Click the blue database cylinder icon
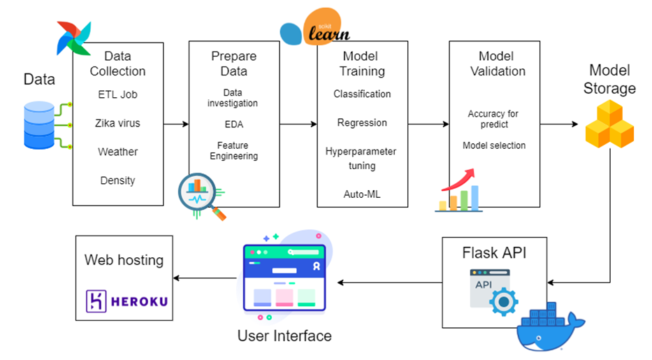[38, 125]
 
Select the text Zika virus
[117, 123]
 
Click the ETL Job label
[117, 94]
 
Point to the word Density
[117, 180]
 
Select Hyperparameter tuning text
[361, 159]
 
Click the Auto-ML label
[362, 194]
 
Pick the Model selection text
[494, 145]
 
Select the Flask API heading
[494, 252]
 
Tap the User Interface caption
[284, 336]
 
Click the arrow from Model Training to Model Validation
[428, 124]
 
